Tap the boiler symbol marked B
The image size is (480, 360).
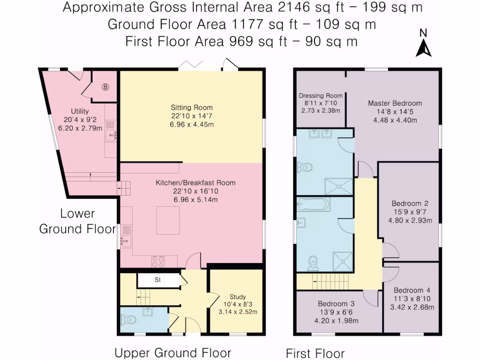(x=105, y=87)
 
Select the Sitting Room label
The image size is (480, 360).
(x=192, y=107)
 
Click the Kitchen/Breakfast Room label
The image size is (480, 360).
(x=195, y=183)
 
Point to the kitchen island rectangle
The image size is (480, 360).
(x=168, y=220)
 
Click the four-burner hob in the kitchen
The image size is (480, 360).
(x=158, y=262)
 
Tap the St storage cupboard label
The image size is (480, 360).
(x=157, y=279)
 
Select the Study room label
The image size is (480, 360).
(x=238, y=297)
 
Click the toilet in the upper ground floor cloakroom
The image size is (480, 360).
(x=128, y=320)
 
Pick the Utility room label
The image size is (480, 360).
(x=80, y=111)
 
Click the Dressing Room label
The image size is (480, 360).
(x=321, y=96)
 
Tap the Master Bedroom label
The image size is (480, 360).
(x=395, y=103)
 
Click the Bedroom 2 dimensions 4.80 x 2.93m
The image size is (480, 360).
(x=410, y=220)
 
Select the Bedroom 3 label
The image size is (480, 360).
(x=336, y=304)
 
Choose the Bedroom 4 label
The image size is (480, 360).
(x=412, y=290)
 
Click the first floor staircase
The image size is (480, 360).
(x=330, y=282)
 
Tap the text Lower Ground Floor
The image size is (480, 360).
(x=77, y=221)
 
